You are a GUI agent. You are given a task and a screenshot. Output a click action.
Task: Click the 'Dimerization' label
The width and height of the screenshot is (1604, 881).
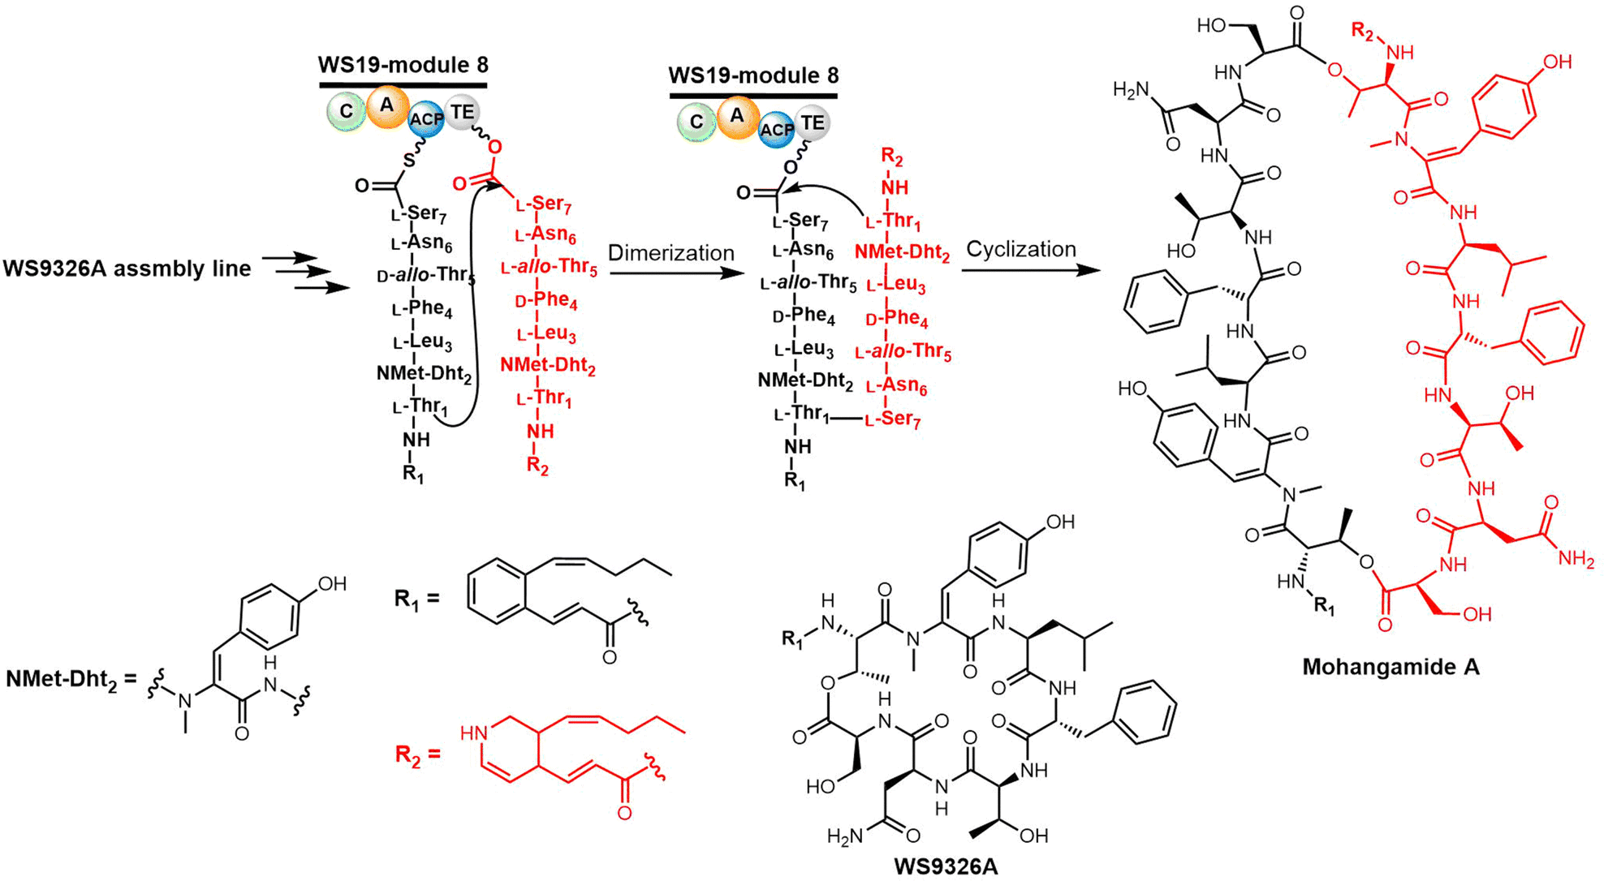670,252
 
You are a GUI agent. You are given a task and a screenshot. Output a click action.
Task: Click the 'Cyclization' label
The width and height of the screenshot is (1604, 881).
1021,249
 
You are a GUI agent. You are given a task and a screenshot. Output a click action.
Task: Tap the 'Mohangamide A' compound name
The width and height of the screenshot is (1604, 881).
1391,667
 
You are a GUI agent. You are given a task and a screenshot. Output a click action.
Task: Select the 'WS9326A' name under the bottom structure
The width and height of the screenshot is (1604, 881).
946,866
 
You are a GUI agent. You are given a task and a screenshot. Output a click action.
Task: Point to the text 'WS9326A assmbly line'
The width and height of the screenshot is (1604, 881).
127,269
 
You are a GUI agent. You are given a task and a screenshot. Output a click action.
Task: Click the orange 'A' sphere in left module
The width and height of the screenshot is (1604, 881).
387,106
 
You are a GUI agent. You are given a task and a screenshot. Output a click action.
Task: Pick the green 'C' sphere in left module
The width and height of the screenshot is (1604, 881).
347,112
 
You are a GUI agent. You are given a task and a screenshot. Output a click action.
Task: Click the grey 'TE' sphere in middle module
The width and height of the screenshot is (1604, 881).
813,122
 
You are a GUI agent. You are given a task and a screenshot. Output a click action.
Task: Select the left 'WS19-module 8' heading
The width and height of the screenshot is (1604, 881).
403,64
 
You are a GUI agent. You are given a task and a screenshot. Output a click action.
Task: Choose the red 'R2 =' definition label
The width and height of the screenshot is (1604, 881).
418,755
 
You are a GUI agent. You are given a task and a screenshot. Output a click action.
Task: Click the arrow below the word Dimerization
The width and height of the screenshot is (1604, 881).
677,273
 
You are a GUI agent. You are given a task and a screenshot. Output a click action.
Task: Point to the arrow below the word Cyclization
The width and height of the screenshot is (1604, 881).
1031,269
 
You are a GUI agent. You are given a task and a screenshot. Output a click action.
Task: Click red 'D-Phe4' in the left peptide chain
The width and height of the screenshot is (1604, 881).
546,301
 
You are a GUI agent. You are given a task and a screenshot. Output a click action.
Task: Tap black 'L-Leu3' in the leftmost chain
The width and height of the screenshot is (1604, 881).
422,342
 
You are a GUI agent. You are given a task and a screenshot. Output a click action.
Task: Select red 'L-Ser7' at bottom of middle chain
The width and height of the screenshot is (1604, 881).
893,420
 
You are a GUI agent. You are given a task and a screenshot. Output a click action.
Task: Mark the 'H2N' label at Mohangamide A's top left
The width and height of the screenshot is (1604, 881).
1132,90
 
